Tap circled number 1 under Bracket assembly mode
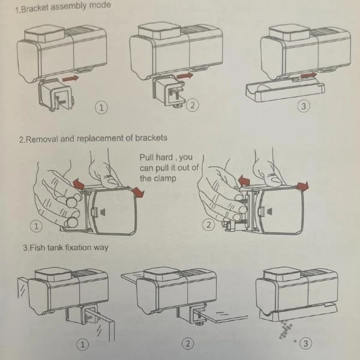(101, 108)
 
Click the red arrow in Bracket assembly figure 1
(71, 77)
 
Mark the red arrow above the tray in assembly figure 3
(308, 76)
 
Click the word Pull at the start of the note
(148, 157)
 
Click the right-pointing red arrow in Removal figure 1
(139, 191)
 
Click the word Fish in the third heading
(37, 247)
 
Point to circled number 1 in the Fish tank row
(82, 344)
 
